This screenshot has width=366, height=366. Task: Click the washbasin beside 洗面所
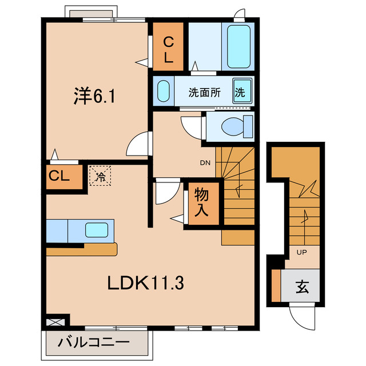pos(163,91)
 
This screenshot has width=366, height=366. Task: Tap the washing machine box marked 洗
pos(240,91)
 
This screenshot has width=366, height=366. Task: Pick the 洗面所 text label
pos(205,92)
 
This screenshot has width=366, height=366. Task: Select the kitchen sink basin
pos(96,230)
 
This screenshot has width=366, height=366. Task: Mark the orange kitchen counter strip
pos(81,249)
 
